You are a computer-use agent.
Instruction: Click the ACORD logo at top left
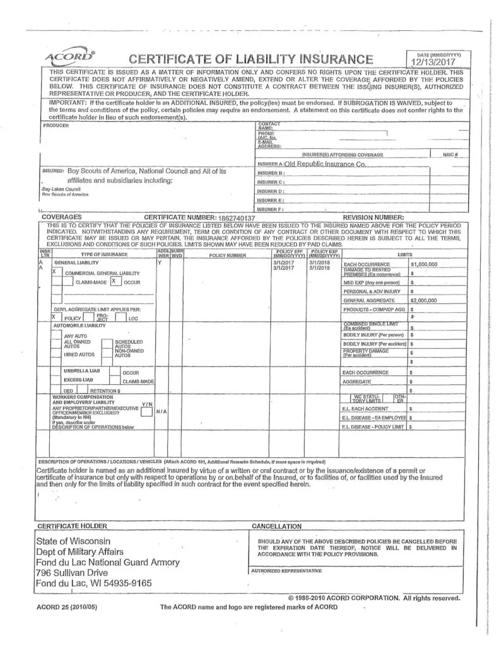click(x=70, y=59)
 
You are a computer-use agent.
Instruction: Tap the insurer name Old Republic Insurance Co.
click(x=326, y=164)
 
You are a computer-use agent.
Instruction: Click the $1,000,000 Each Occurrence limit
click(x=424, y=264)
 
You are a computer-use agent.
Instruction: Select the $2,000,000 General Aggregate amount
click(x=424, y=300)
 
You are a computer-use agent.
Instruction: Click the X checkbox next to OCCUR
click(x=114, y=282)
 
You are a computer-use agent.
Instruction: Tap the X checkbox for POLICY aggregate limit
click(x=55, y=318)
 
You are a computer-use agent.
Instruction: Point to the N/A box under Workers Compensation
click(x=161, y=411)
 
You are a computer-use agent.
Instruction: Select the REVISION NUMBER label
click(x=373, y=217)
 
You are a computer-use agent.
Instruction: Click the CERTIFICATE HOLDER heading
click(x=73, y=526)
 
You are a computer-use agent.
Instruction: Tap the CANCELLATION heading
click(x=276, y=526)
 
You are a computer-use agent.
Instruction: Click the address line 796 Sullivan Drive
click(x=72, y=573)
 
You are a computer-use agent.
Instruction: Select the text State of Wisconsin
click(x=74, y=541)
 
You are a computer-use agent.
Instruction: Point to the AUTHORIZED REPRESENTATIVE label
click(x=286, y=570)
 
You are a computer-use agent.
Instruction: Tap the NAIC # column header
click(x=451, y=155)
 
